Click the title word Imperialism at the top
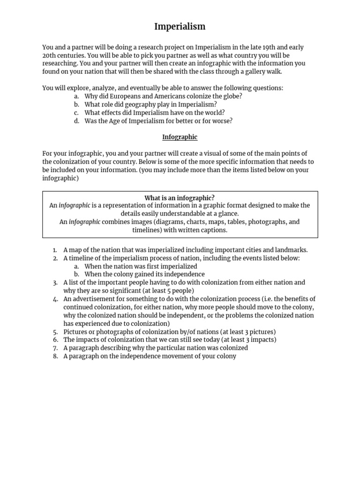pyautogui.click(x=180, y=27)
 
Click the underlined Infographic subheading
pyautogui.click(x=180, y=137)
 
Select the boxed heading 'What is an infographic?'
pyautogui.click(x=180, y=197)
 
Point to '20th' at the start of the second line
pyautogui.click(x=50, y=55)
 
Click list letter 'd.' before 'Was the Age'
pyautogui.click(x=76, y=121)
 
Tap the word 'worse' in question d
pyautogui.click(x=223, y=121)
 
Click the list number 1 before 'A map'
pyautogui.click(x=55, y=250)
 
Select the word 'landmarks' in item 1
pyautogui.click(x=290, y=250)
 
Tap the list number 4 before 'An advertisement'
pyautogui.click(x=55, y=299)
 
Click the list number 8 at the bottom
pyautogui.click(x=55, y=356)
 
